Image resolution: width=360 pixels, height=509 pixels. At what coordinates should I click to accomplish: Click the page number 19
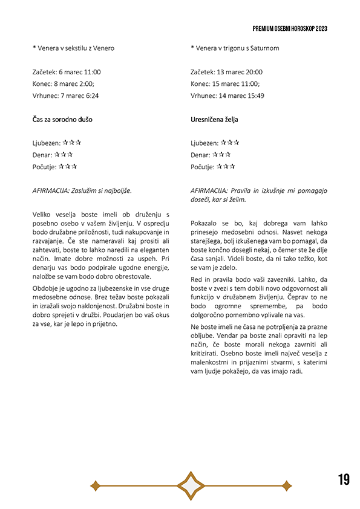[344, 480]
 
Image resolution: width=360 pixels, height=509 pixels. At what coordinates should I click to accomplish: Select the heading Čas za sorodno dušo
[63, 120]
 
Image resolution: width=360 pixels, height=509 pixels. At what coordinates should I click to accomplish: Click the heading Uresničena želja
[214, 120]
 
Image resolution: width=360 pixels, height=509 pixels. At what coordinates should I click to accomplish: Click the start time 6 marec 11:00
[80, 72]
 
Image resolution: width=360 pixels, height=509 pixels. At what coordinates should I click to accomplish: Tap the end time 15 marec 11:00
[236, 84]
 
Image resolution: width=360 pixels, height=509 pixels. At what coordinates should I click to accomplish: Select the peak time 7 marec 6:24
[79, 96]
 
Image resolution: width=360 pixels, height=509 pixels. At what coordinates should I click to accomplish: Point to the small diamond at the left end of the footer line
[94, 485]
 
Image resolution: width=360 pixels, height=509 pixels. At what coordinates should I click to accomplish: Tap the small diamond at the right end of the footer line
[287, 485]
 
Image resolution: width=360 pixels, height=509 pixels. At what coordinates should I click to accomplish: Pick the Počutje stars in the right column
[226, 166]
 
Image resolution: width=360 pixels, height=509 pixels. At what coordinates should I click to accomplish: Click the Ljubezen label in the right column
[204, 143]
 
